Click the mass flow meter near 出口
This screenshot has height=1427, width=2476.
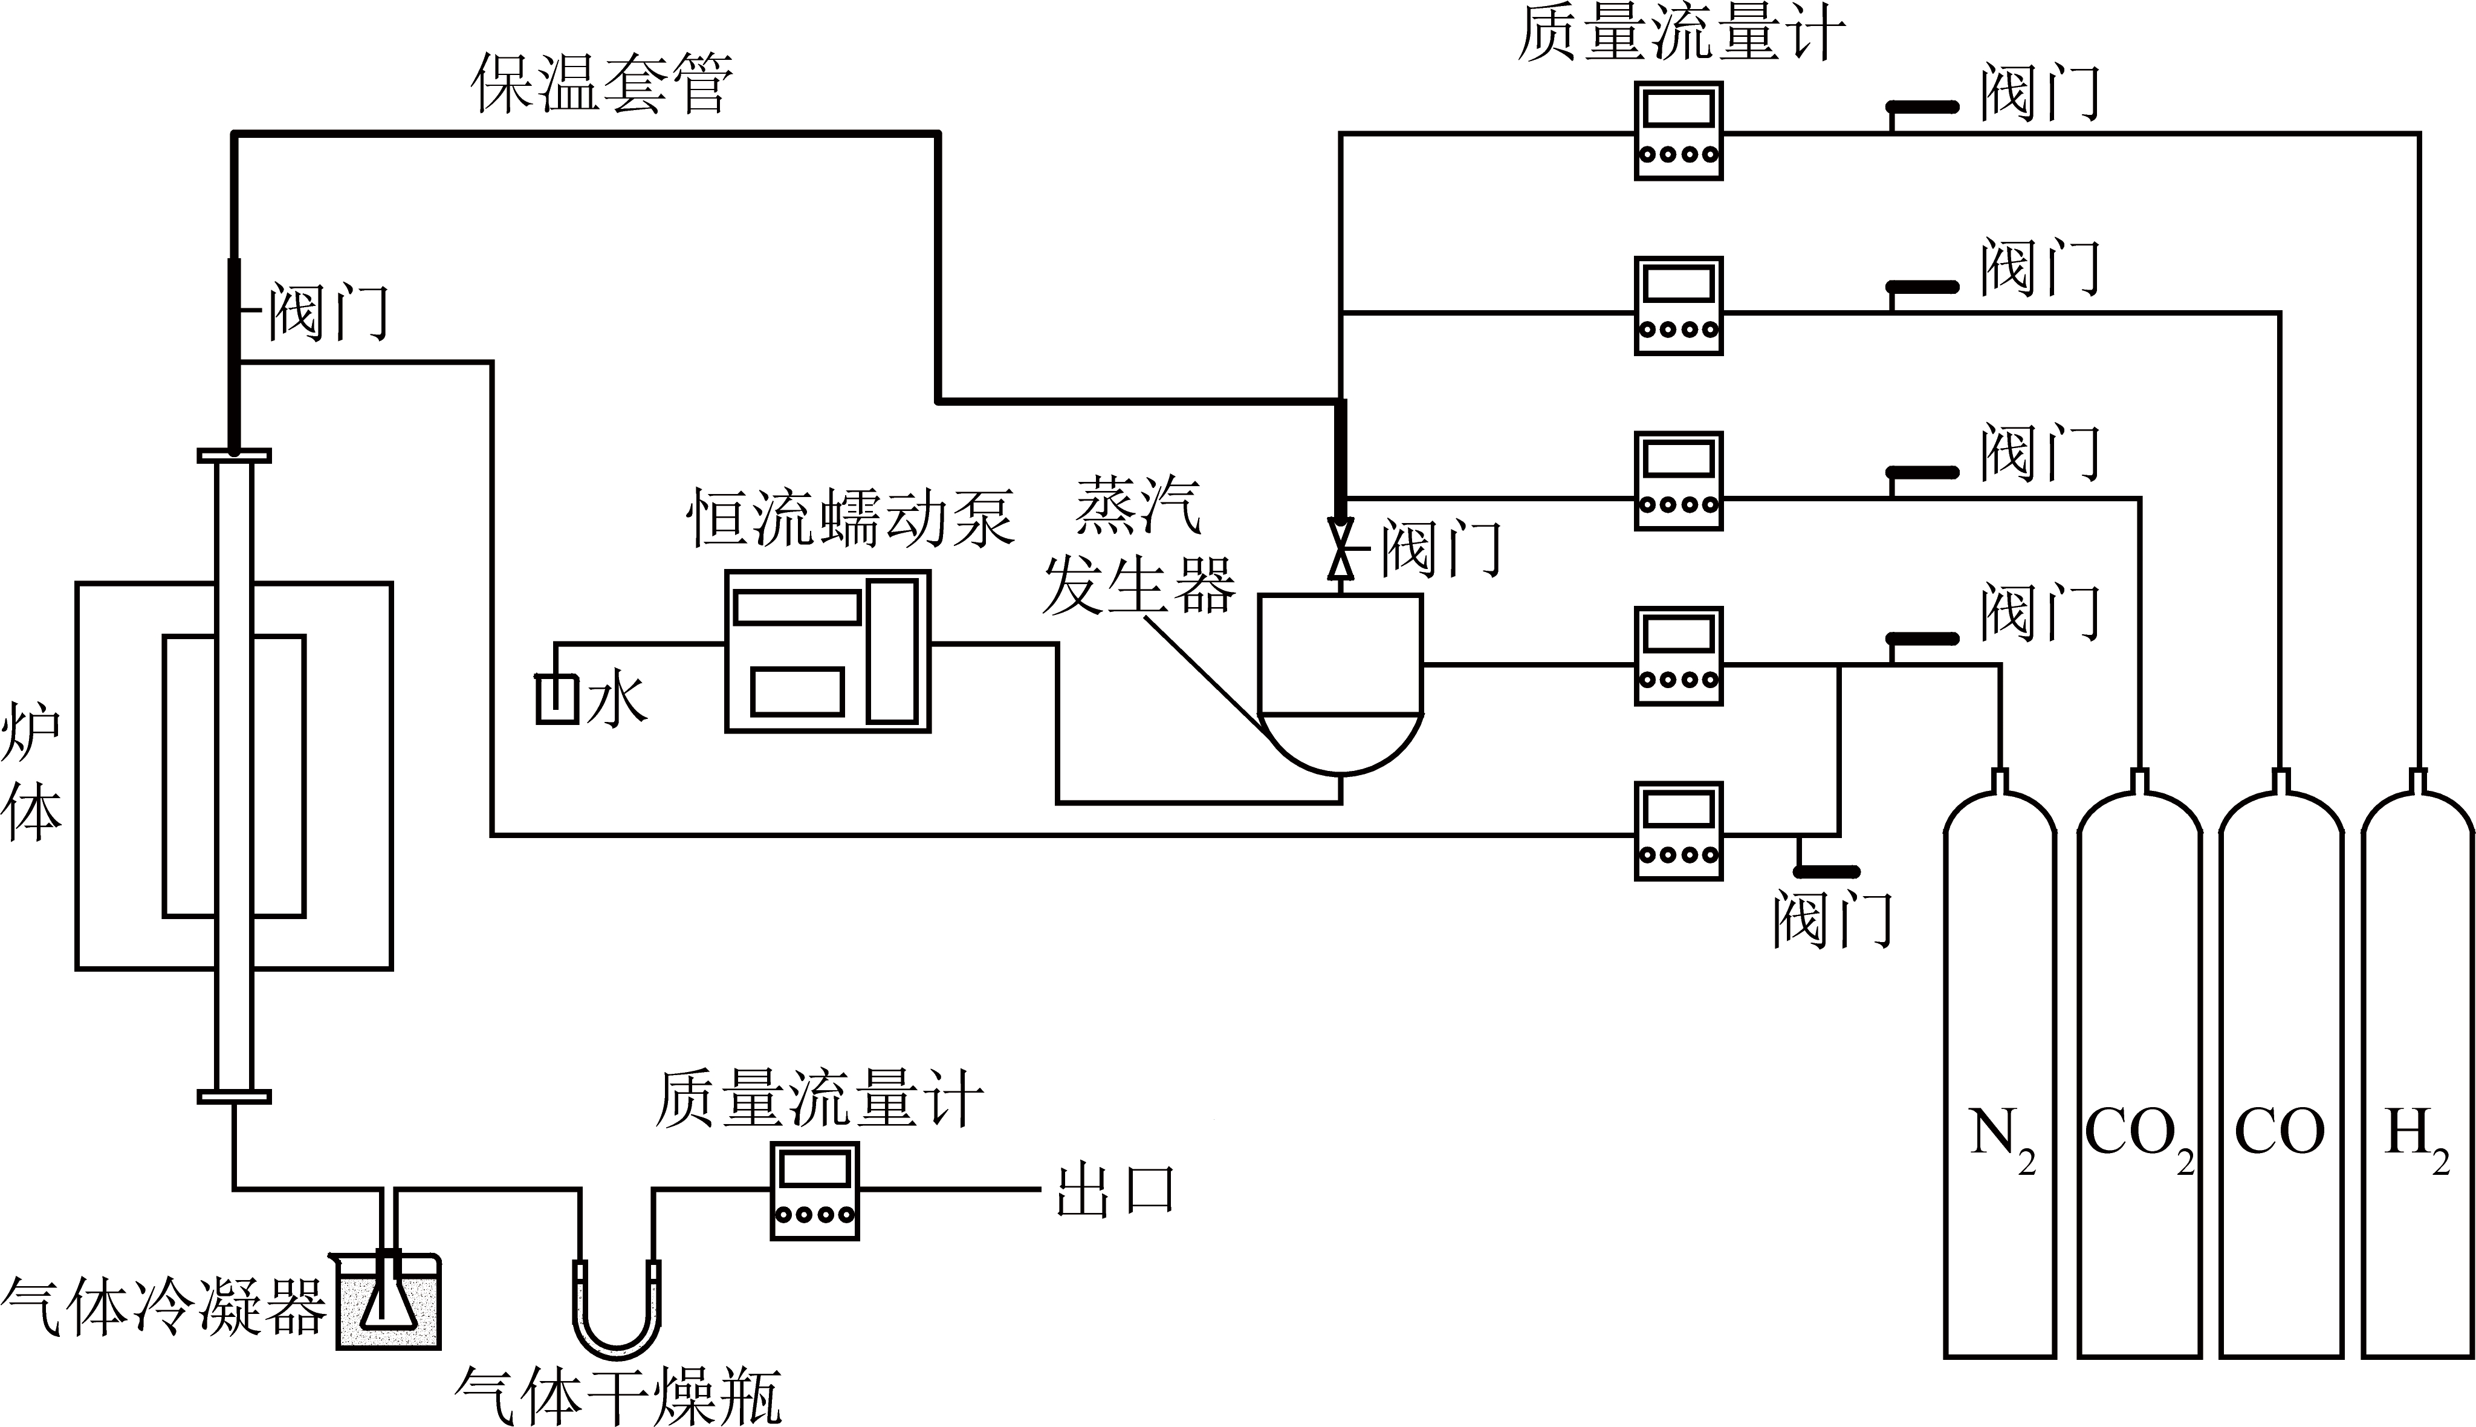814,1191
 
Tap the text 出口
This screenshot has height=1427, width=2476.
1115,1191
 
